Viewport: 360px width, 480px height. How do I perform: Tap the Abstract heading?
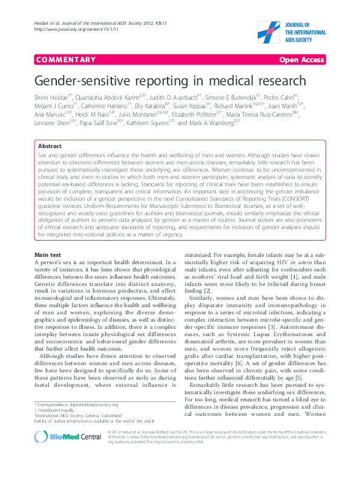coord(49,146)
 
